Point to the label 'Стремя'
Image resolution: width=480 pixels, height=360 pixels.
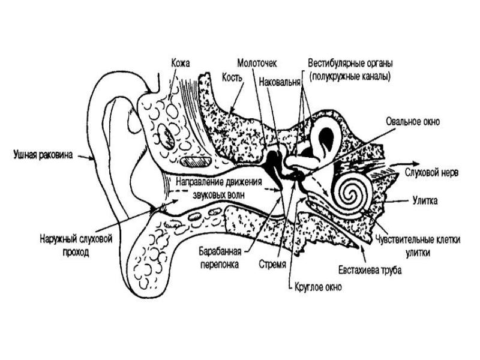(x=271, y=263)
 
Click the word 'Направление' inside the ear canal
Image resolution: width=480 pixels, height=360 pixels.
(x=201, y=182)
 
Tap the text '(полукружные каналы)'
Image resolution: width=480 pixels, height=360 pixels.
(x=349, y=76)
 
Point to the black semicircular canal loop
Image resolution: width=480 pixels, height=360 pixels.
(x=327, y=136)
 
